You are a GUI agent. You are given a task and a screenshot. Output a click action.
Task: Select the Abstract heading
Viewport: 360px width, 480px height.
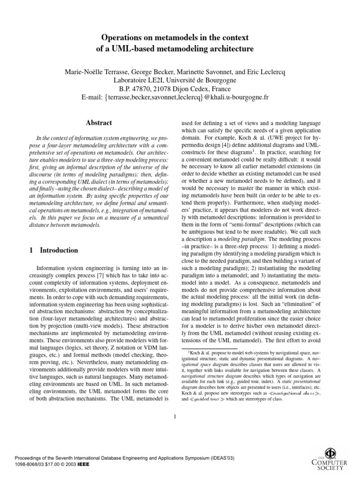point(98,123)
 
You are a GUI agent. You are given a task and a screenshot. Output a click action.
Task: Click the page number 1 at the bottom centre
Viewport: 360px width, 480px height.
point(174,416)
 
